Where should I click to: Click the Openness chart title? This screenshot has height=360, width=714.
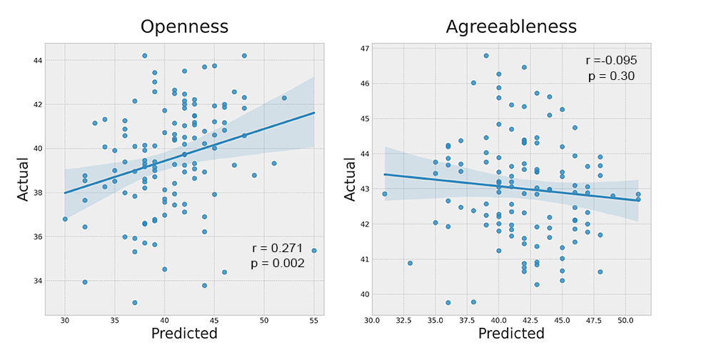pos(184,27)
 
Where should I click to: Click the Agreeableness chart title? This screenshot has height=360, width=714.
pos(511,27)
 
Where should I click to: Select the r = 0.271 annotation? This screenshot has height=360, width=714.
pos(278,249)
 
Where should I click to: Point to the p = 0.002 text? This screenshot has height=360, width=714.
pos(278,264)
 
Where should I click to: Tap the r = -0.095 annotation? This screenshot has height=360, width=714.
pos(611,61)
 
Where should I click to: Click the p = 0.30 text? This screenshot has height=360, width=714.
pos(611,76)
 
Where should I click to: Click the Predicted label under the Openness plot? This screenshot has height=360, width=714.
pos(184,334)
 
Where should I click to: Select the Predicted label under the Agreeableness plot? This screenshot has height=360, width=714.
pos(511,334)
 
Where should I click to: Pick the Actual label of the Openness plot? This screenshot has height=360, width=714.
pos(24,179)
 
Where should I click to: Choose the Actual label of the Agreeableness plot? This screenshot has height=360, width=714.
pos(350,179)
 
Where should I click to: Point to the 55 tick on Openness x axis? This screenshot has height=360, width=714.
pos(313,321)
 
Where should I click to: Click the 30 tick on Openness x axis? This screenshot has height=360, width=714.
pos(65,321)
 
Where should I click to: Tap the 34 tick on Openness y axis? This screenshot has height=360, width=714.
pos(36,281)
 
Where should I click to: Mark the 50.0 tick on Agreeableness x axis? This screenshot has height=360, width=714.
pos(625,321)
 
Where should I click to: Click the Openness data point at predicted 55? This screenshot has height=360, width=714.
pos(313,251)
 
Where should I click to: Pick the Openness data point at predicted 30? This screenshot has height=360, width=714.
pos(65,219)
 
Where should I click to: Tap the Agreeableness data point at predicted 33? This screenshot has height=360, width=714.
pos(410,263)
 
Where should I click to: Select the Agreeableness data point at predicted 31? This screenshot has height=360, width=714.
pos(385,194)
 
